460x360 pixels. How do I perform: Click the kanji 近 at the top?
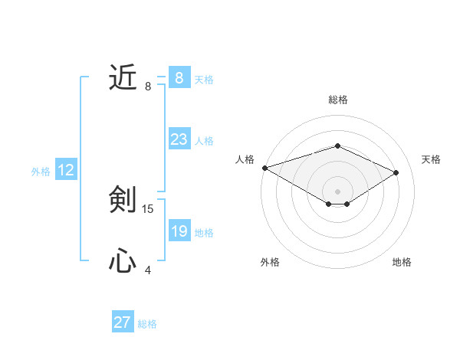click(123, 77)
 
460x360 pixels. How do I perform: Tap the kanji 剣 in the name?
click(123, 200)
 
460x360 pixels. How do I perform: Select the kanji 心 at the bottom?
click(123, 261)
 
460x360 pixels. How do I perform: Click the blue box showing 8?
click(179, 78)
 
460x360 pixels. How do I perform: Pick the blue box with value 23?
click(179, 139)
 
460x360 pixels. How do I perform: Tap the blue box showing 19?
click(179, 231)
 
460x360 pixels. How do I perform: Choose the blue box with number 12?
click(66, 170)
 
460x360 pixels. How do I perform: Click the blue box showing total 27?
click(123, 322)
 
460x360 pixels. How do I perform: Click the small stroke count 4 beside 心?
click(148, 270)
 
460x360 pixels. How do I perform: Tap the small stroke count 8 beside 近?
click(148, 87)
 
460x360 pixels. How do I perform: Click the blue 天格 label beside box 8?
click(204, 80)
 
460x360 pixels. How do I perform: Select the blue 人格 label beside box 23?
click(204, 141)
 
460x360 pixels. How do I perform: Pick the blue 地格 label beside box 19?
click(204, 233)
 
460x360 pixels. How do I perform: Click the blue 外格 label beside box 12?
click(41, 172)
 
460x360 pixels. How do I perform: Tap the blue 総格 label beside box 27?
click(147, 324)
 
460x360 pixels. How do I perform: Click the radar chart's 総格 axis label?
click(337, 100)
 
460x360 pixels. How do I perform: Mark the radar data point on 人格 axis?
click(264, 167)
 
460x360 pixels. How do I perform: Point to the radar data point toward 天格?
click(396, 172)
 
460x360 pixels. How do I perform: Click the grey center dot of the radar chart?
click(337, 190)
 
